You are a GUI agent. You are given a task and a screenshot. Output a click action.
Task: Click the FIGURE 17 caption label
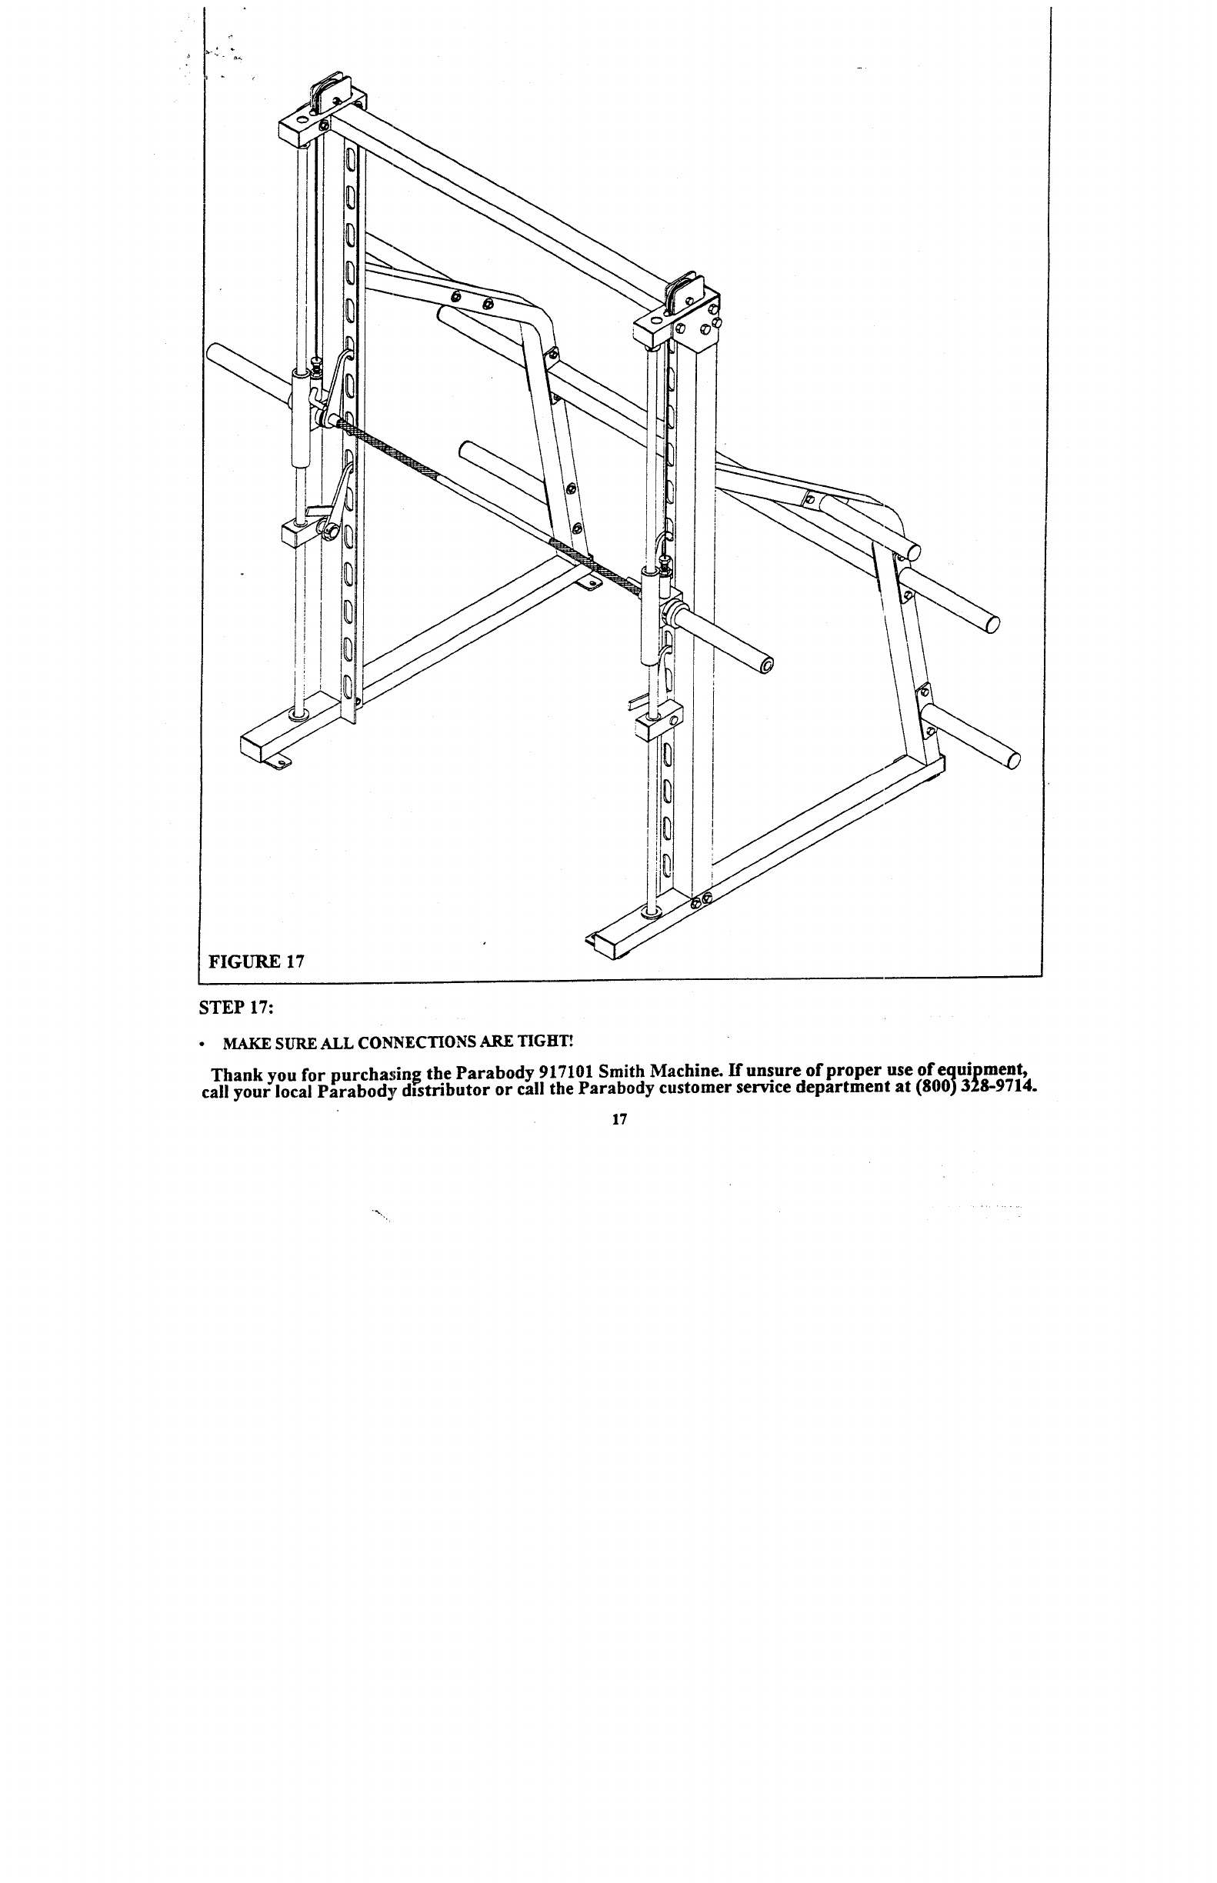pyautogui.click(x=256, y=961)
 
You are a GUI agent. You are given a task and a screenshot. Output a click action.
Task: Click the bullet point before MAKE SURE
pyautogui.click(x=205, y=1045)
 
